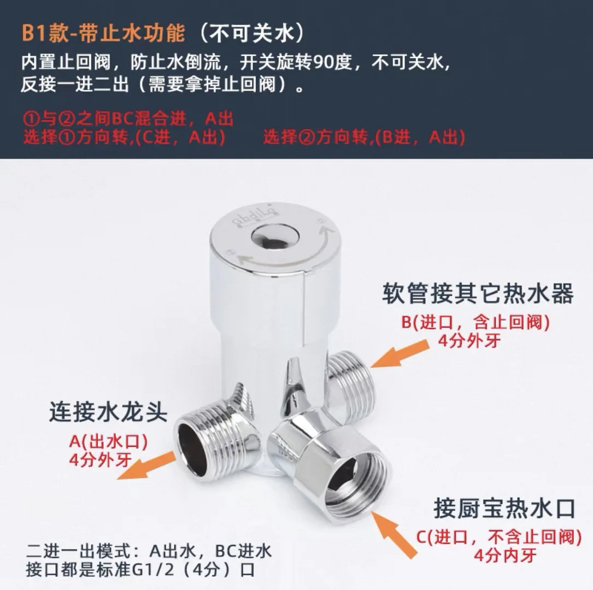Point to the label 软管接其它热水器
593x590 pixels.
click(478, 294)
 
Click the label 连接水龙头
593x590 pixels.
click(108, 411)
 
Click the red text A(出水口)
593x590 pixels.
click(108, 440)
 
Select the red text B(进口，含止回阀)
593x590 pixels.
click(475, 322)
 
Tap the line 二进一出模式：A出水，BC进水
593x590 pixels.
click(149, 551)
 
